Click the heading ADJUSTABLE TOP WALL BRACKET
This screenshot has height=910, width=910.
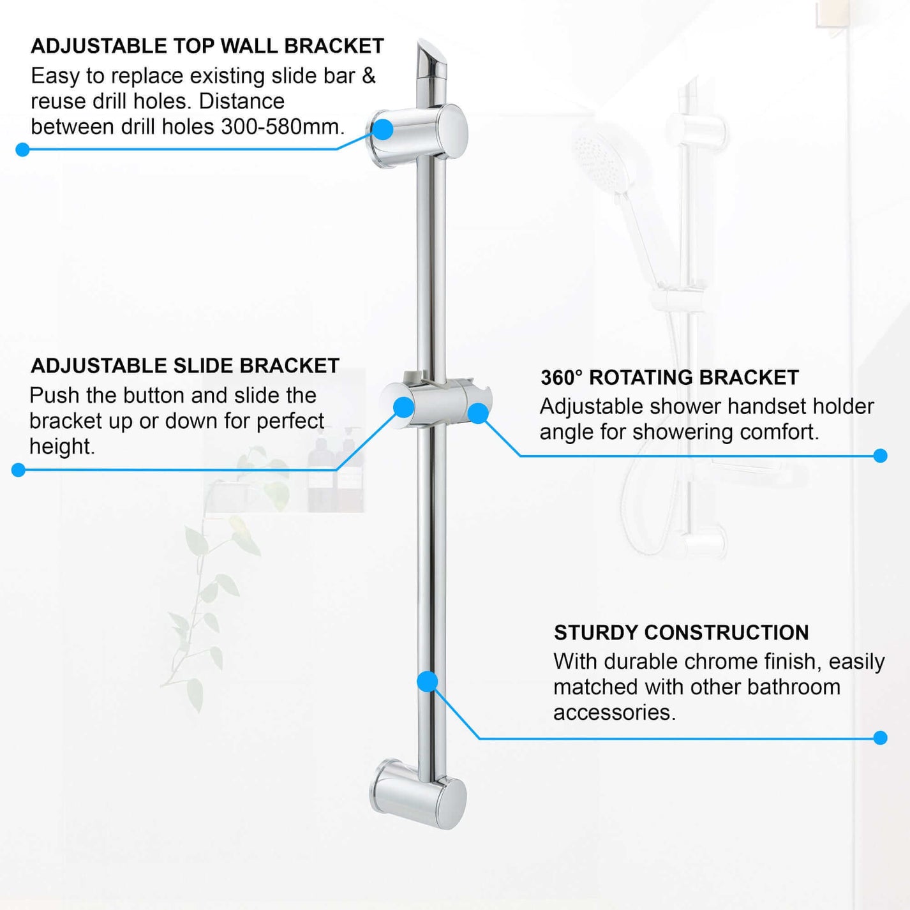(x=207, y=46)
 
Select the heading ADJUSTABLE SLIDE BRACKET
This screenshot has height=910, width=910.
(x=185, y=366)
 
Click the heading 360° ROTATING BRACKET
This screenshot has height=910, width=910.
(x=669, y=377)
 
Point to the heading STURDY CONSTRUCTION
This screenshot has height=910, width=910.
(x=681, y=632)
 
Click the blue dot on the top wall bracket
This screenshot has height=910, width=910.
(x=383, y=129)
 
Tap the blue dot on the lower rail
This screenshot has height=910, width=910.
(x=428, y=682)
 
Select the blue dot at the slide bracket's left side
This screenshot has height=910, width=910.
(x=403, y=407)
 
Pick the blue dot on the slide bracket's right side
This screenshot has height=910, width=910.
(x=478, y=413)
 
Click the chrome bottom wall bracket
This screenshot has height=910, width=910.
(x=419, y=794)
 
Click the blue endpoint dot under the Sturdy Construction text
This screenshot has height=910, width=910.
(x=881, y=738)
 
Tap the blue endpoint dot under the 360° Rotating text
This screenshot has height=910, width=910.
(x=881, y=456)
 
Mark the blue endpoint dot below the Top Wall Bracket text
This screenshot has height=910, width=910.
(x=22, y=150)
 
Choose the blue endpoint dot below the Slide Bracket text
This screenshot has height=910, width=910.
(x=19, y=470)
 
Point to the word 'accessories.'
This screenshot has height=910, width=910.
(x=614, y=713)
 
